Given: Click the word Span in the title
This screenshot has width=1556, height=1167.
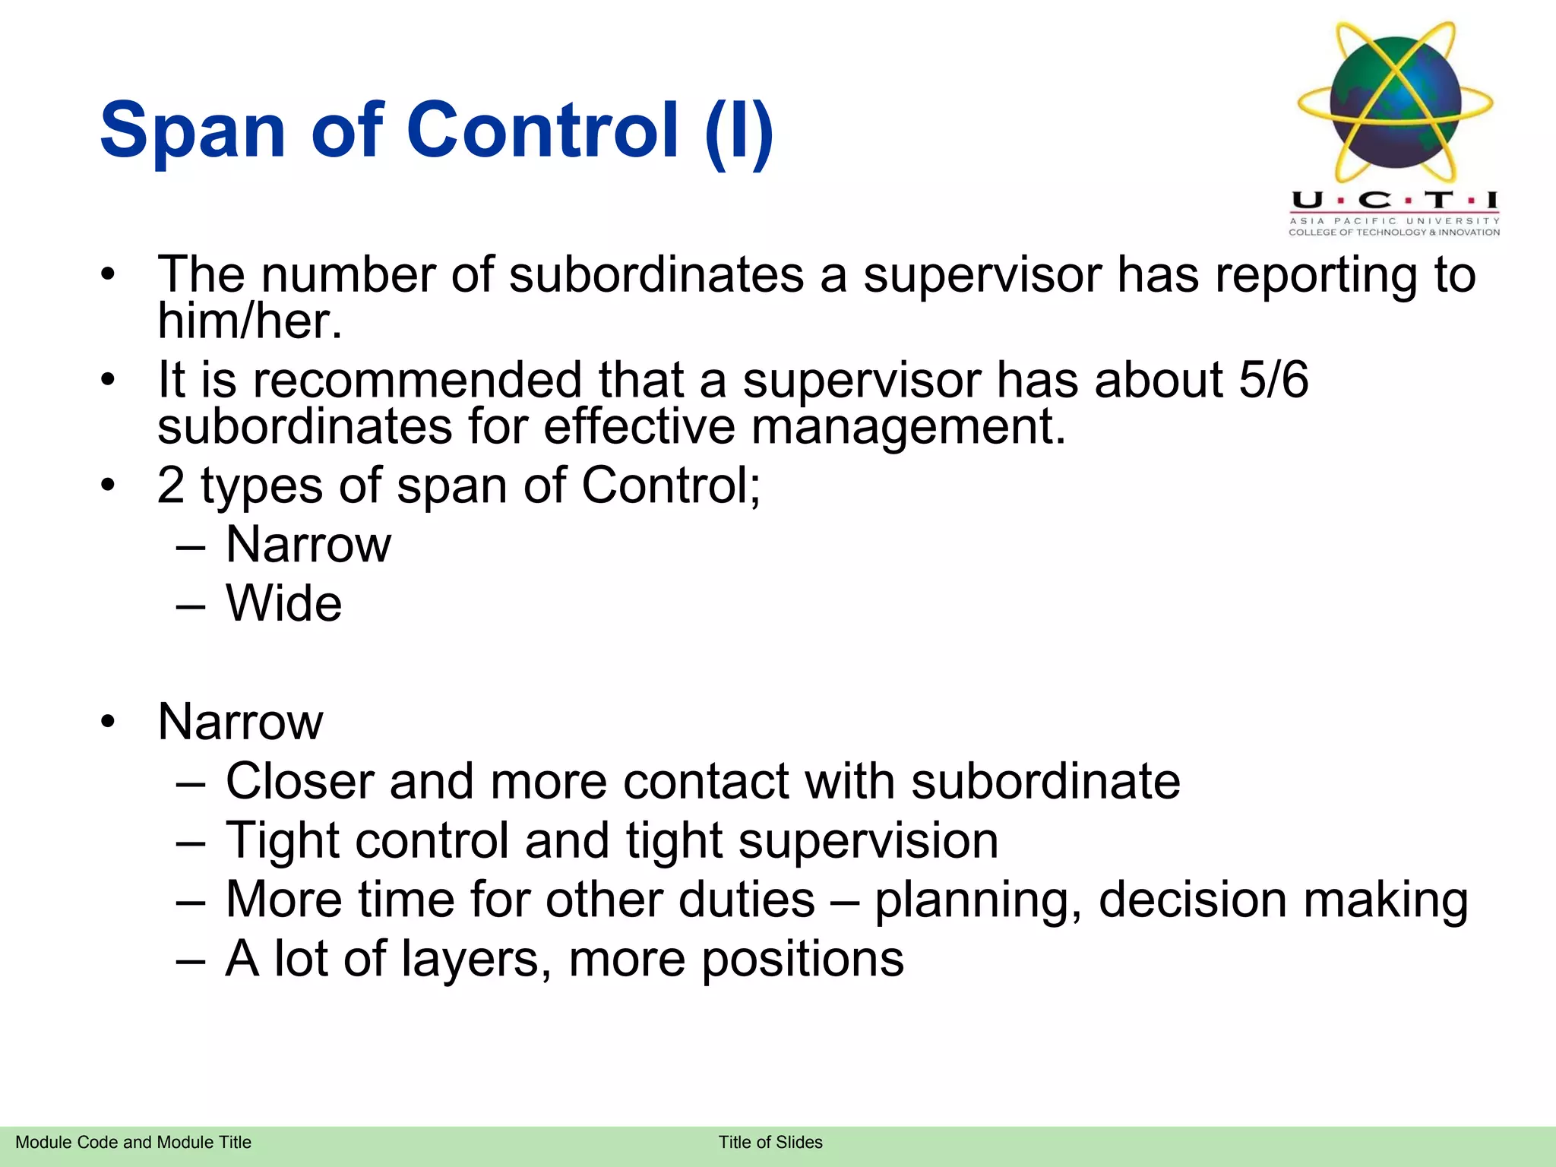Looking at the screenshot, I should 192,131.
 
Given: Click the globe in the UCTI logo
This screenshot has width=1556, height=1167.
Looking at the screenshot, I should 1395,103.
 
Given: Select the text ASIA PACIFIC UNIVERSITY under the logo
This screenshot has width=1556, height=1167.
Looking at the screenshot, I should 1394,221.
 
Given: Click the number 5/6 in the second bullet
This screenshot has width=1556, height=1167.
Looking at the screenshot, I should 1273,379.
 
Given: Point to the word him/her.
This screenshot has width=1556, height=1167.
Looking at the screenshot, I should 250,321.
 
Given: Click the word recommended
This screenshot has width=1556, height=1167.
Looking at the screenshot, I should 416,379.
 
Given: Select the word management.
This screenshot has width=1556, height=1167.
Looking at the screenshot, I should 909,426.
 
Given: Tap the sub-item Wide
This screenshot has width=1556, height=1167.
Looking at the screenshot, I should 284,603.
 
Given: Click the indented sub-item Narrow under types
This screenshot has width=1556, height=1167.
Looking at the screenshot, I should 308,545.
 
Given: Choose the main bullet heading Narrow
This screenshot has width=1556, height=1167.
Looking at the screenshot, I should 240,721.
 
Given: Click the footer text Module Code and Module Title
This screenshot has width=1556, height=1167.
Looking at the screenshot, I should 133,1142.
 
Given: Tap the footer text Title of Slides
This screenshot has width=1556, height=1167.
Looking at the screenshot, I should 770,1142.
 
